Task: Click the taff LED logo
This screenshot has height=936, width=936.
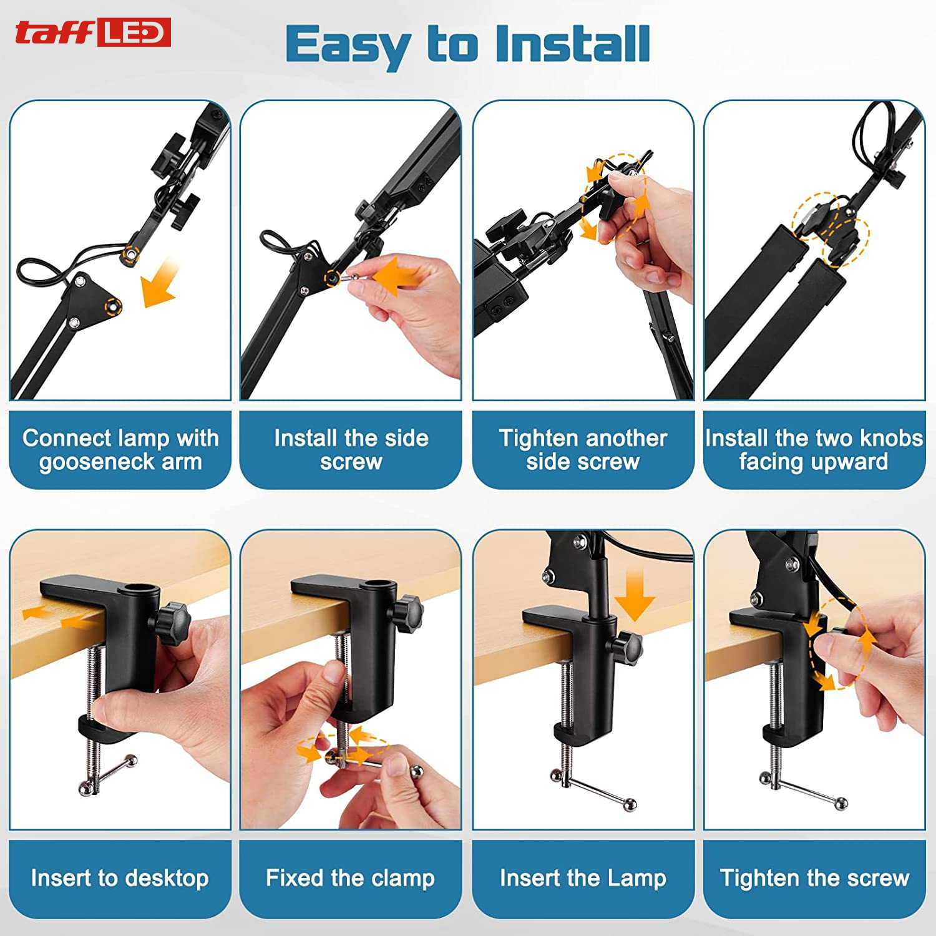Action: (x=93, y=32)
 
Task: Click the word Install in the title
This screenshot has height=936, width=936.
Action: (x=572, y=44)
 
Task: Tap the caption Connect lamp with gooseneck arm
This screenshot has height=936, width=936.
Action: (x=120, y=449)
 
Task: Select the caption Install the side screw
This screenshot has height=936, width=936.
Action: (x=351, y=449)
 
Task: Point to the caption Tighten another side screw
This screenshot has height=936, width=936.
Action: (x=583, y=449)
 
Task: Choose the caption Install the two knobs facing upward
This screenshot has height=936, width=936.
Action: (x=814, y=449)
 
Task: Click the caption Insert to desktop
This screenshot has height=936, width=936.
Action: (x=120, y=878)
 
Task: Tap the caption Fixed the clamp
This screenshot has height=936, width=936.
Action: (x=350, y=878)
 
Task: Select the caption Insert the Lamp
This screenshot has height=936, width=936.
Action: (x=583, y=878)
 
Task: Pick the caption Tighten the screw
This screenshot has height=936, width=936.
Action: (x=814, y=878)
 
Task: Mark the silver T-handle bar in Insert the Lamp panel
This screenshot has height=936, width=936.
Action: (x=593, y=791)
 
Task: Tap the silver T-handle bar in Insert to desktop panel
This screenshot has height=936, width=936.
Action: (x=108, y=774)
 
